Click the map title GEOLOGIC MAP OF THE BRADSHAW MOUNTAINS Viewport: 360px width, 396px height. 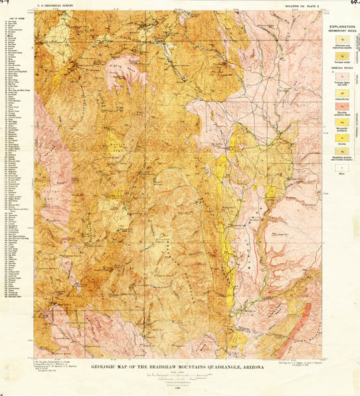pyautogui.click(x=159, y=367)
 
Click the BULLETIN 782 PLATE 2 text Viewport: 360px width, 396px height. pyautogui.click(x=301, y=5)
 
